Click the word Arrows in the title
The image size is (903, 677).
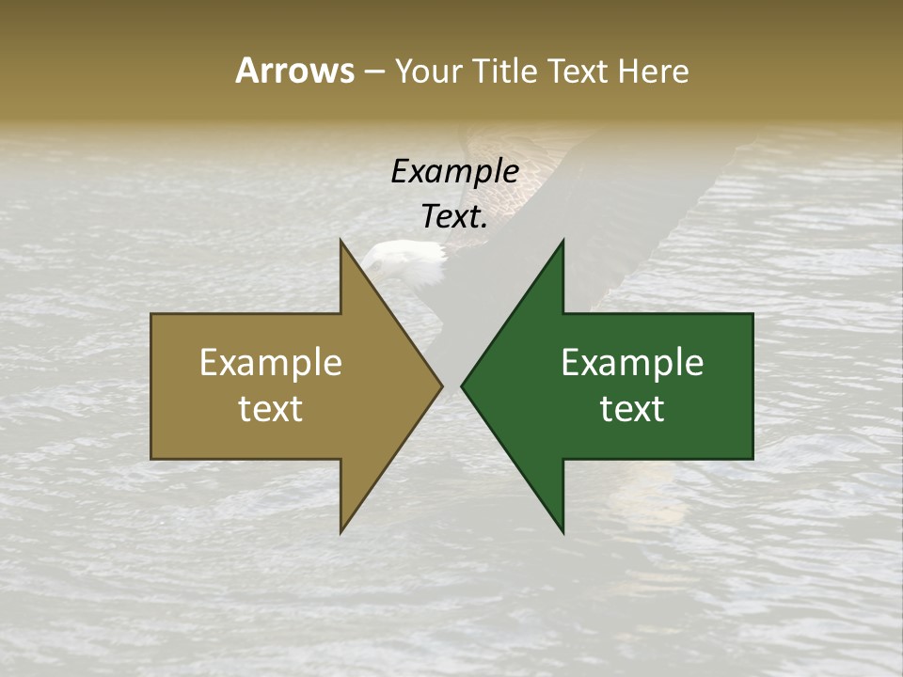[294, 71]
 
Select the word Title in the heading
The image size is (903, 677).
[505, 71]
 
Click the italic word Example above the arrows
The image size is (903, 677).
[454, 172]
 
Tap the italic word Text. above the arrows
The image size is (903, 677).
[454, 217]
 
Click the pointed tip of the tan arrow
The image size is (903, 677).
[441, 386]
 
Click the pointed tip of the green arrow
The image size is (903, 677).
[462, 386]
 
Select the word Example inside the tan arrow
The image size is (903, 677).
[271, 363]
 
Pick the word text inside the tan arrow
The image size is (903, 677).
[271, 409]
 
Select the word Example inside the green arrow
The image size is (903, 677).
[632, 363]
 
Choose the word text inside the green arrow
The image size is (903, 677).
[632, 409]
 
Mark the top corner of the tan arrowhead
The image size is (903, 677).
[341, 241]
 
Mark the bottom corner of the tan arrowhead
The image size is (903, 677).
[341, 532]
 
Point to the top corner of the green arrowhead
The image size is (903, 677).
[562, 241]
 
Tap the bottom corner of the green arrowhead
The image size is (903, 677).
[562, 532]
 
